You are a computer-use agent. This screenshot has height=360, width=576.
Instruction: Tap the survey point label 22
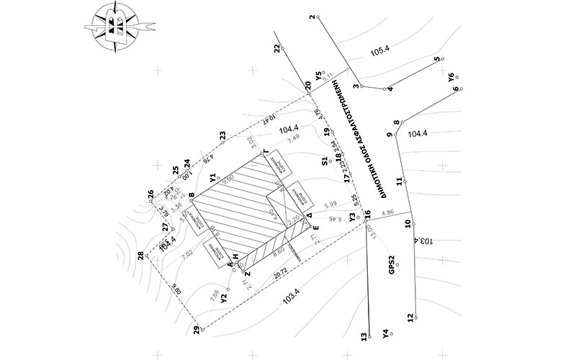click(x=277, y=48)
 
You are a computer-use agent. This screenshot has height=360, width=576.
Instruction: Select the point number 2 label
click(x=312, y=17)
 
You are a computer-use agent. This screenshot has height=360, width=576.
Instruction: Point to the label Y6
click(x=451, y=77)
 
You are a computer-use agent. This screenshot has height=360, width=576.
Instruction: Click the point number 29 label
click(x=196, y=330)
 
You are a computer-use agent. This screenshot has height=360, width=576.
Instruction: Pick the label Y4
click(x=387, y=334)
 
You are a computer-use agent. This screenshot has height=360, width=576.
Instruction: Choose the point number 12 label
click(x=410, y=318)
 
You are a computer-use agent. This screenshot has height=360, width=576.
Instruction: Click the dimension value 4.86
click(x=387, y=212)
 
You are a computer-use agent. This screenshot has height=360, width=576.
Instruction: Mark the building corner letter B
click(x=192, y=194)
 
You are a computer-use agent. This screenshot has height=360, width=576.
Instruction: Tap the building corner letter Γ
click(x=266, y=151)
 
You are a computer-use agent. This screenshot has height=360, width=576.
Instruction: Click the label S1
click(x=325, y=161)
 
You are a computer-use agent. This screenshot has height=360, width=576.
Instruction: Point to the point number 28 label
click(x=150, y=256)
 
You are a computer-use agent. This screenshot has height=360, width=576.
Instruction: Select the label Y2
click(x=224, y=296)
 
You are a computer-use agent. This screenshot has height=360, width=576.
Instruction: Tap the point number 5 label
click(x=438, y=60)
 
